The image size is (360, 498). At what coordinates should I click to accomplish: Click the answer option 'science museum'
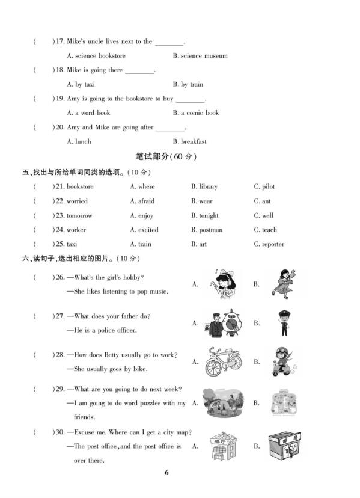[x=204, y=56]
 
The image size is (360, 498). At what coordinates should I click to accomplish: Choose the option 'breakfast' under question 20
[x=193, y=142]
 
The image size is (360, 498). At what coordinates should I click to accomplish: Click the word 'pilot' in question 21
[x=268, y=187]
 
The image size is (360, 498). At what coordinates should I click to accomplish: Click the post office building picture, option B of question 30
[x=284, y=446]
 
